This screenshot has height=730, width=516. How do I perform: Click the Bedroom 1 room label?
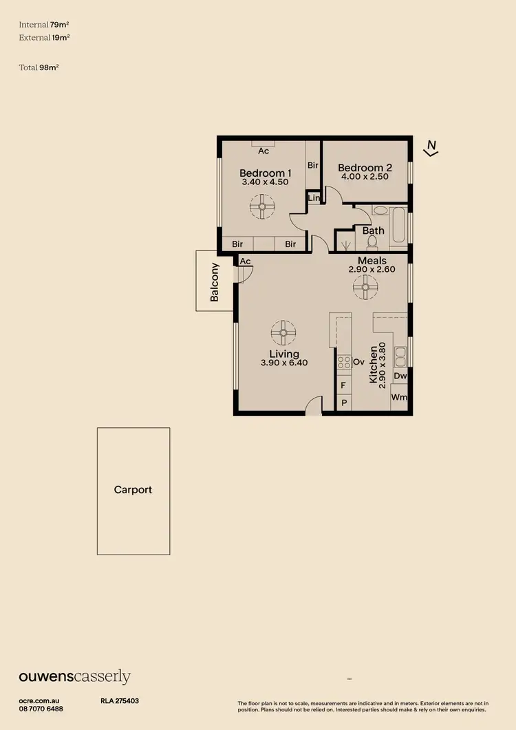pos(265,173)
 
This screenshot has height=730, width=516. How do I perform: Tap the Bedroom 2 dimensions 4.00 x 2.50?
pos(365,177)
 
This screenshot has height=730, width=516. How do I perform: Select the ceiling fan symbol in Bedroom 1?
pos(262,206)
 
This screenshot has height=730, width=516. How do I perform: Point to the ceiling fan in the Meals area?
pos(365,288)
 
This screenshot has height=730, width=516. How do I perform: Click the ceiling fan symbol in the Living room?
pos(283,333)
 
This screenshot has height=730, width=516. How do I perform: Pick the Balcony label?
pos(214,282)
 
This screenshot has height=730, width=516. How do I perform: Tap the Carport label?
pos(133,490)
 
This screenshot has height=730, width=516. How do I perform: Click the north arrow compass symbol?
pos(431,148)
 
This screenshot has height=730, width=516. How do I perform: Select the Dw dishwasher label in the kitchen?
pos(400,376)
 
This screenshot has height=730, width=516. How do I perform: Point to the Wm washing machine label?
pos(400,398)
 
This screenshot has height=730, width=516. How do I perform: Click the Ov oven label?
pos(358,361)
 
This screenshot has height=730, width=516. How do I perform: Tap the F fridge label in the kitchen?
pos(343,386)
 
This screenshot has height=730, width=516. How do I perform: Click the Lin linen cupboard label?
pos(314,198)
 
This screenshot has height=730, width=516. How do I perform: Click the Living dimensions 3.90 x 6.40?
pos(283,363)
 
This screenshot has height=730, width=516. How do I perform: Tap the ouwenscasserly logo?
pos(74,677)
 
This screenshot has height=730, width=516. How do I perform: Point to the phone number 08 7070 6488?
pos(41,709)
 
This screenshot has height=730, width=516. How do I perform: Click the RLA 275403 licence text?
pos(120,701)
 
